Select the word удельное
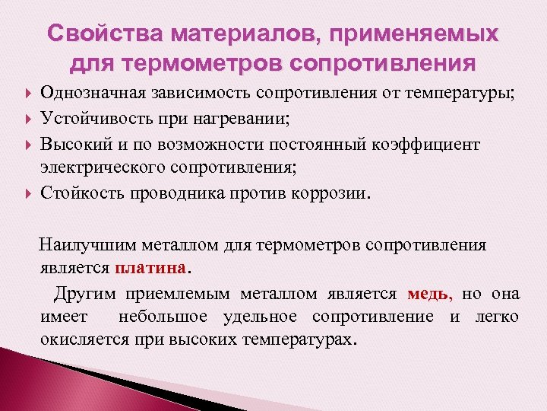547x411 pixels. pos(264,317)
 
